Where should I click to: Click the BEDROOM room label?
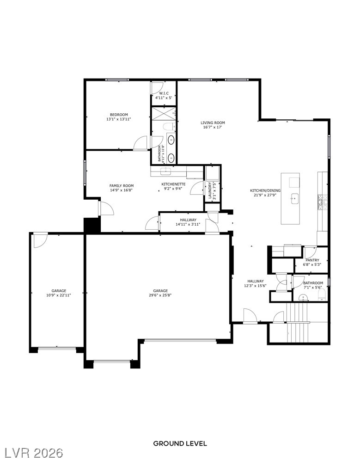coord(119,115)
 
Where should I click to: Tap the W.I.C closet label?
coord(164,93)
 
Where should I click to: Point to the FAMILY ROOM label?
coord(122,186)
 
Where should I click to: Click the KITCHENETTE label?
coord(173,184)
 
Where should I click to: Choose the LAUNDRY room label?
coord(210,190)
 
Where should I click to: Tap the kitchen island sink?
coord(294,199)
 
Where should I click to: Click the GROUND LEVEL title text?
coord(180,443)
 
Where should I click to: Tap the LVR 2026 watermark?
coord(32,453)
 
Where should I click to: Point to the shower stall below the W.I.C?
coord(164,114)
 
